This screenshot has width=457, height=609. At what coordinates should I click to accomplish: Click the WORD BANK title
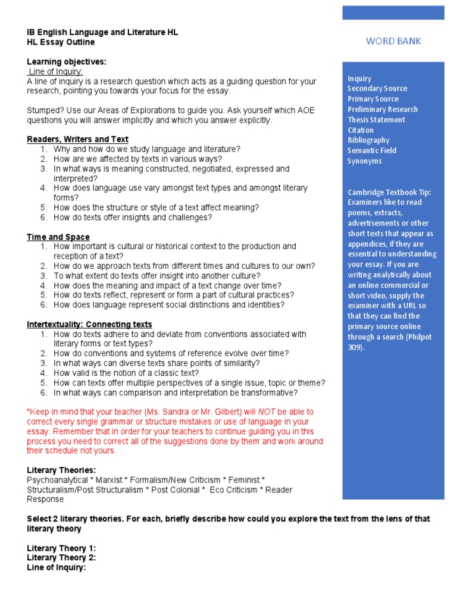coord(393,41)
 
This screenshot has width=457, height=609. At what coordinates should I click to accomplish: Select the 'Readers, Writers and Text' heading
coord(77,139)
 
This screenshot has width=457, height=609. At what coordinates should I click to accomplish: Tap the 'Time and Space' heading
coord(58,237)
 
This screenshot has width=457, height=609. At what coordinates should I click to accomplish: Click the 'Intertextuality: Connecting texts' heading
coord(89,324)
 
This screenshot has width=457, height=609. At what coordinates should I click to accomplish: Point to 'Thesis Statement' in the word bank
coord(376,120)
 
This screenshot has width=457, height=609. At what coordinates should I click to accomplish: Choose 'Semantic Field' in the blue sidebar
coord(373,150)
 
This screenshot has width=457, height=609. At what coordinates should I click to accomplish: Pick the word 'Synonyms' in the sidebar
coord(365,161)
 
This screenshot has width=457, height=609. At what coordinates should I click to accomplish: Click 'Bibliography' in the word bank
coord(368,140)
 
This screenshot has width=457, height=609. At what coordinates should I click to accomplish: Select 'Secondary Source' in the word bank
coord(377,89)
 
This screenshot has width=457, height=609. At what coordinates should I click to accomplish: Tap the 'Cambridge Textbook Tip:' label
coord(389,192)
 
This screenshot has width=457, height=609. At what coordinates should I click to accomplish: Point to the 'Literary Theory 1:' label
coord(61,548)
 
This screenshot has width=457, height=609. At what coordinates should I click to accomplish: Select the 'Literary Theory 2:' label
coord(61,557)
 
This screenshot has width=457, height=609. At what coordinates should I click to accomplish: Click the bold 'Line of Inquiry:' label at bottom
coord(57,567)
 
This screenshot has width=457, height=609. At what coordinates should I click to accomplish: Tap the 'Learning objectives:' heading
coord(67,62)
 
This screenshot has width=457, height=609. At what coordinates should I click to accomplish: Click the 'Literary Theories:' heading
coord(61,470)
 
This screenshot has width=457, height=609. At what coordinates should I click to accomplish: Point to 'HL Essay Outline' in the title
coord(61,42)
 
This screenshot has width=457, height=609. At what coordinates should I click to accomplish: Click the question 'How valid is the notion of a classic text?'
coord(126,373)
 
